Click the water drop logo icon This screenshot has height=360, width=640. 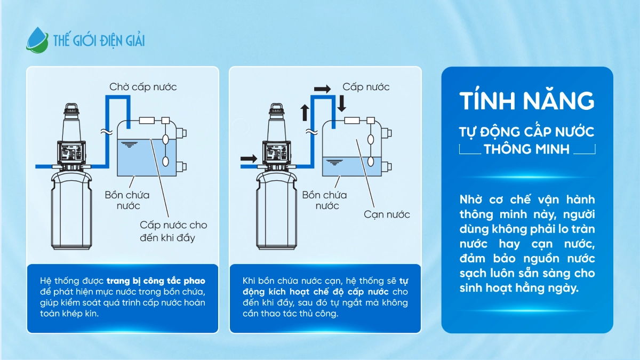pos(37,41)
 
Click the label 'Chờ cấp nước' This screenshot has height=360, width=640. pos(143,86)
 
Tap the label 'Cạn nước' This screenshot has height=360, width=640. pos(387,214)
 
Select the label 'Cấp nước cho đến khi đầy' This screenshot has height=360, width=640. pos(173,231)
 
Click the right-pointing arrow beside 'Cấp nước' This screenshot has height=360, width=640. pos(322,89)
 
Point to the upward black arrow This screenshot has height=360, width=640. pos(305,113)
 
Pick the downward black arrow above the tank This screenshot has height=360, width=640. pos(341,103)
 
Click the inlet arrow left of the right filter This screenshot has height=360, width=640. pos(249,158)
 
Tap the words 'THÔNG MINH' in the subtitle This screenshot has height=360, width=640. pos(526,149)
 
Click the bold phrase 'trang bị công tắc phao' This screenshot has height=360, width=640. pos(156,281)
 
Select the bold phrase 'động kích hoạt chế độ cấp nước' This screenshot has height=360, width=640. pos(316,292)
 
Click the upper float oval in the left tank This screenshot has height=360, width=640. pos(166,139)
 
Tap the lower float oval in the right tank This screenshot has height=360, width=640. pos(371,162)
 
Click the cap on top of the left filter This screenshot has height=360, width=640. pos(71,109)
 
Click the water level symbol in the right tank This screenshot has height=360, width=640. pos(334,162)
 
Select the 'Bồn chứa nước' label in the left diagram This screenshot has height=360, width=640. pos(127,201)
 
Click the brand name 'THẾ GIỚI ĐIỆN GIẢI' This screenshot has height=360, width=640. pos(99,41)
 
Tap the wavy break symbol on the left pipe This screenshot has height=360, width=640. pos(107,132)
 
